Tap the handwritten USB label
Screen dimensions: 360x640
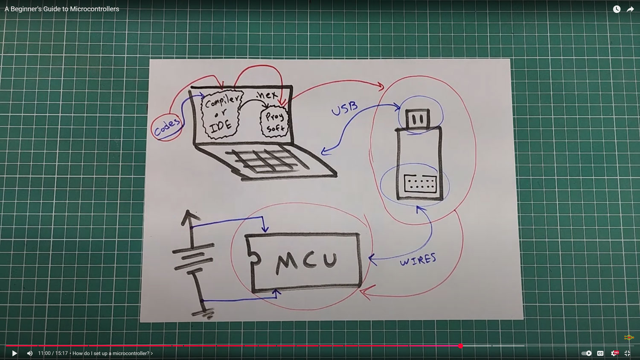[344, 108]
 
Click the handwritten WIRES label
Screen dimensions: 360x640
[418, 259]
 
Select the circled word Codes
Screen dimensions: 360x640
[166, 127]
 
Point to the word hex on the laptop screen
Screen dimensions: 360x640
[268, 95]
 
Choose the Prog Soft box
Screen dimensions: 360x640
[274, 122]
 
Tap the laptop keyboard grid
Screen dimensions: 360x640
[265, 160]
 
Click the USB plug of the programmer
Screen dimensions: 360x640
[417, 119]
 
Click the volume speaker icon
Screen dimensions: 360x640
[29, 353]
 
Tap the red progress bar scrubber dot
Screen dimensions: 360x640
[460, 346]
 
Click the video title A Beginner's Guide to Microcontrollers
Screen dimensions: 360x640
[62, 9]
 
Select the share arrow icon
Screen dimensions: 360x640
[630, 9]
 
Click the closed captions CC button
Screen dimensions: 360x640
[600, 353]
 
